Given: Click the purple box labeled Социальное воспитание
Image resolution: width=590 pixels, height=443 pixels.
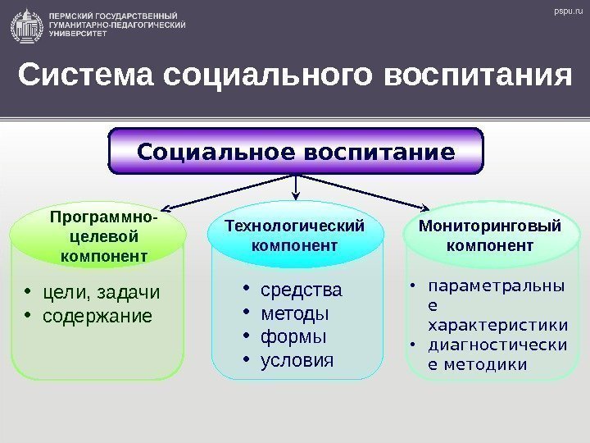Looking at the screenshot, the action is [297, 153].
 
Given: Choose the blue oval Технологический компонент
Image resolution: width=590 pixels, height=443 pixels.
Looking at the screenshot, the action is [295, 235].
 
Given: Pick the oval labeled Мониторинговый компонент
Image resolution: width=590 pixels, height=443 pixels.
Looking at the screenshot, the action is [490, 235].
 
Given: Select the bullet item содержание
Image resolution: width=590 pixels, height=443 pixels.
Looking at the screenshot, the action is [97, 315].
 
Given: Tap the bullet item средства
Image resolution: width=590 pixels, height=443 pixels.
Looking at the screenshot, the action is [301, 291].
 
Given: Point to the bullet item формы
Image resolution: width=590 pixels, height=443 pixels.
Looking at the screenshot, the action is [293, 337].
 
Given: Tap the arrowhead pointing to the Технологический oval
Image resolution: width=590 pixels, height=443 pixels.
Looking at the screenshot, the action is [296, 196].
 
